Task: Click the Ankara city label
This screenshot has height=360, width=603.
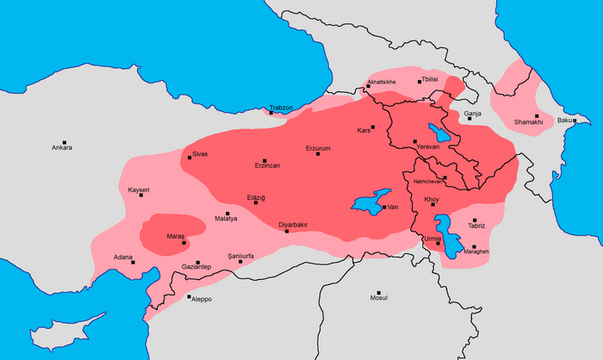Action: click(61, 148)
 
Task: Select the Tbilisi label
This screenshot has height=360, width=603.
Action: click(430, 79)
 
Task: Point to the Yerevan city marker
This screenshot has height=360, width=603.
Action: click(415, 141)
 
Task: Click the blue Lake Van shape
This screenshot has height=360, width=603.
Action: click(370, 203)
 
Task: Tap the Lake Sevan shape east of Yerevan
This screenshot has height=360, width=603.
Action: click(440, 133)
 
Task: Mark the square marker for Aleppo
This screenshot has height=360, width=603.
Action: click(189, 297)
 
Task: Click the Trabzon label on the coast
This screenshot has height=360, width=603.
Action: click(281, 108)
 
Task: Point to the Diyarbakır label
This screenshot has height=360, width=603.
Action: click(293, 225)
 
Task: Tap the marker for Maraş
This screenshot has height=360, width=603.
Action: click(183, 243)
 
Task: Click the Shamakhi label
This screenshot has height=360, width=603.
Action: click(529, 122)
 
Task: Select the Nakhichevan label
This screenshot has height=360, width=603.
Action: click(428, 182)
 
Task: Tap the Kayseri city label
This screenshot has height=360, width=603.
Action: click(139, 189)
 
